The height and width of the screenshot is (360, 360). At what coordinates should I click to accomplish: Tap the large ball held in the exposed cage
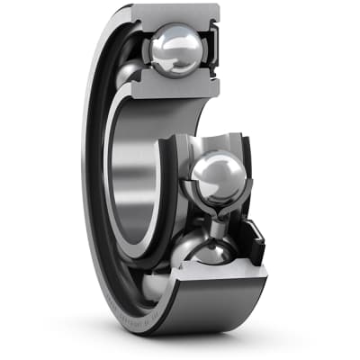(x=213, y=176)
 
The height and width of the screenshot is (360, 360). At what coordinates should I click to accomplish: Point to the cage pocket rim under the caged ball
(x=216, y=202)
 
